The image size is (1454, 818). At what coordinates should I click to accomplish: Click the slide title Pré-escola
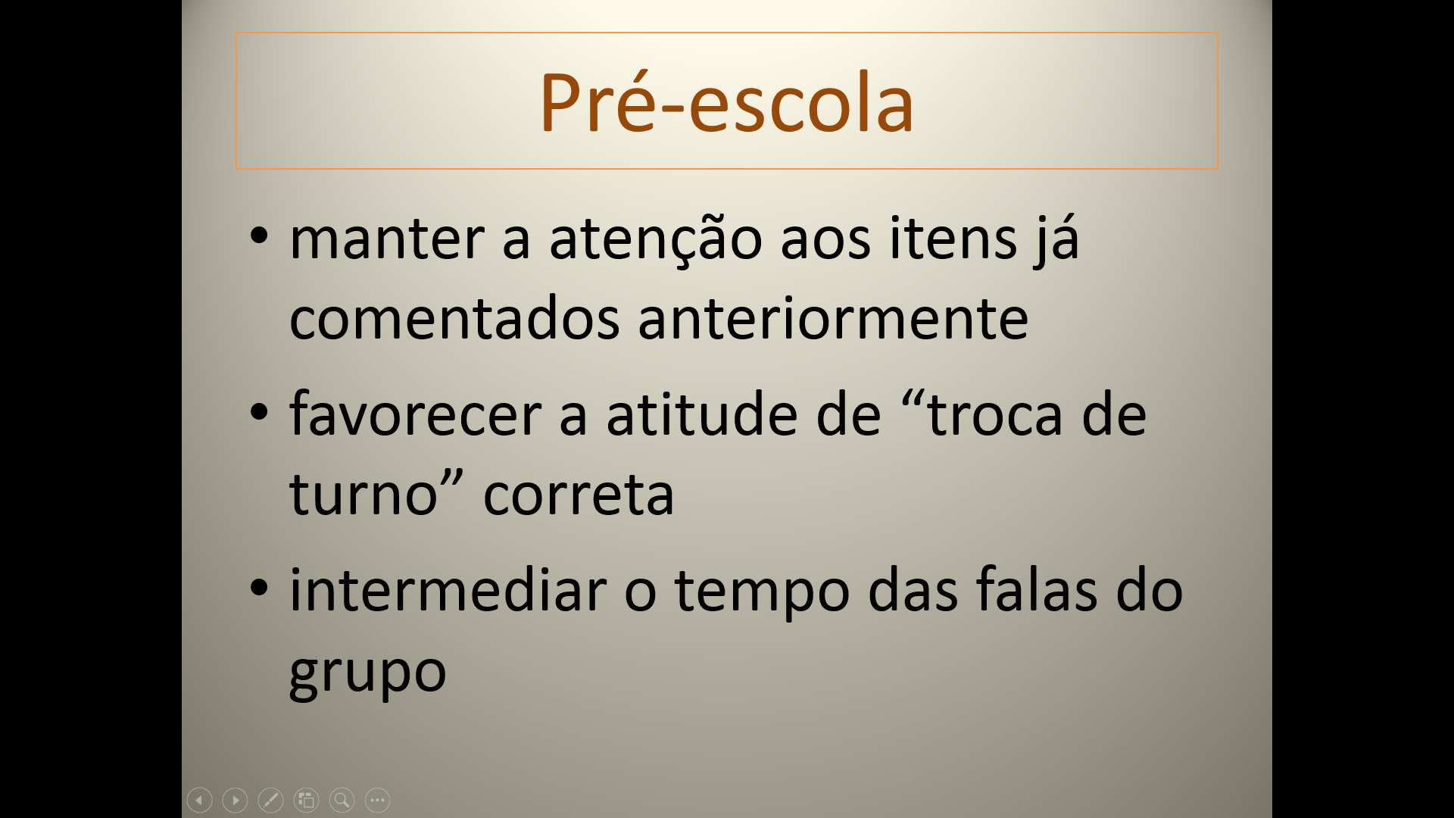pyautogui.click(x=726, y=102)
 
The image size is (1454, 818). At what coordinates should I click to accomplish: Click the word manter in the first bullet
pyautogui.click(x=387, y=239)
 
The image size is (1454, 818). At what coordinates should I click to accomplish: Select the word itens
pyautogui.click(x=953, y=238)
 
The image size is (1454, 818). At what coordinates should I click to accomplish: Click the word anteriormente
pyautogui.click(x=833, y=318)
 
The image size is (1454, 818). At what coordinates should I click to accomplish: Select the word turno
pyautogui.click(x=363, y=495)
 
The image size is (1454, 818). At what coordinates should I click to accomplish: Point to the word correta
pyautogui.click(x=579, y=495)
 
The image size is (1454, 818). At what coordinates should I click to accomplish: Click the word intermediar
pyautogui.click(x=448, y=590)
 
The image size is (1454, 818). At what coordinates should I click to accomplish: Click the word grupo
pyautogui.click(x=368, y=673)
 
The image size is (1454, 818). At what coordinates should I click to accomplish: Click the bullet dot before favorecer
pyautogui.click(x=259, y=412)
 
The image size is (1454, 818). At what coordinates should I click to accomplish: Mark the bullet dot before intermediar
pyautogui.click(x=259, y=587)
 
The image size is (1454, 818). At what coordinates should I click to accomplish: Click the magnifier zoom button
pyautogui.click(x=342, y=800)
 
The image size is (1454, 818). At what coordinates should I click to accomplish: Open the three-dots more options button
pyautogui.click(x=377, y=800)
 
